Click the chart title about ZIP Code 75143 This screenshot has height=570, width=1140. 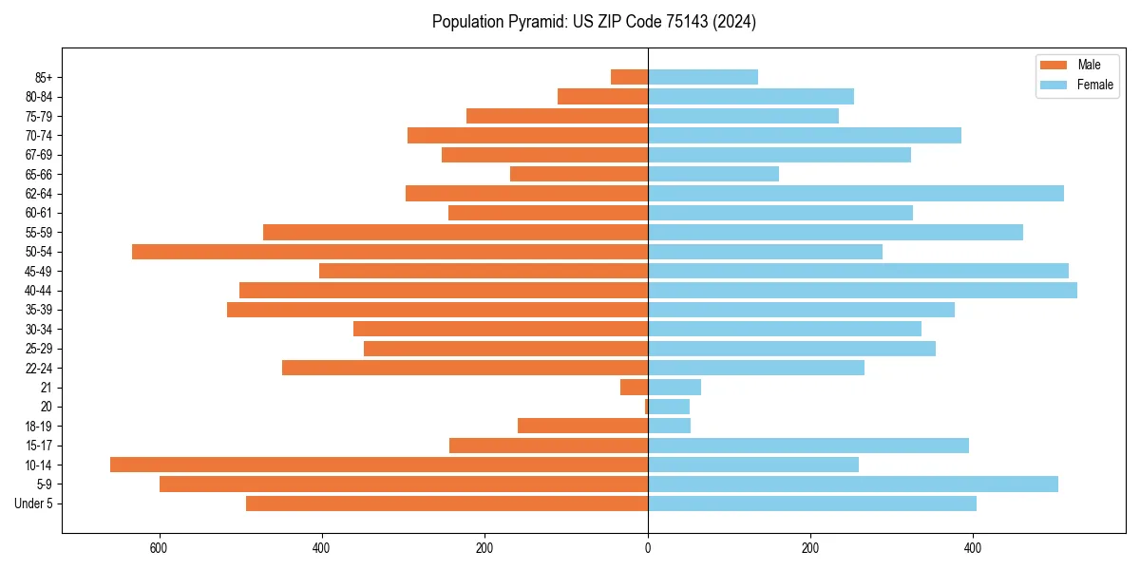coord(594,22)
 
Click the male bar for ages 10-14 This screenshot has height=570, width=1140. coord(379,465)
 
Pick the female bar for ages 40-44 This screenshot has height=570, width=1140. coord(863,291)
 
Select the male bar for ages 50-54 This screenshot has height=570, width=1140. coord(389,252)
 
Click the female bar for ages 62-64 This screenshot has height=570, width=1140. coord(856,194)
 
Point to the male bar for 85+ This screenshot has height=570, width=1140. coord(629,77)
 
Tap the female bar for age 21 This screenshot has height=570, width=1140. coord(674,388)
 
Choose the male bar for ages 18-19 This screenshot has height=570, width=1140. coord(582,426)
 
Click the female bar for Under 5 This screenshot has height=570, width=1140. coord(812,503)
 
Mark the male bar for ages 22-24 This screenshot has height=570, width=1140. coord(465,368)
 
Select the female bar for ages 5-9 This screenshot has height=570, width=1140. coord(853,484)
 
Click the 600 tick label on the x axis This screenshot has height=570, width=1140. coord(159,548)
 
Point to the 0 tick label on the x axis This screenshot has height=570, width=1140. coord(648,548)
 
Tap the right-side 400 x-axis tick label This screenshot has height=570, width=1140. coord(973,548)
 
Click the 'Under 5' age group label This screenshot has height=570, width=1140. coord(34,503)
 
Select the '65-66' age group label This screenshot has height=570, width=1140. coord(39,174)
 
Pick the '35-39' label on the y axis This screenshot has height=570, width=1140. coord(39,310)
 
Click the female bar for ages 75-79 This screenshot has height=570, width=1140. coord(743,116)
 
